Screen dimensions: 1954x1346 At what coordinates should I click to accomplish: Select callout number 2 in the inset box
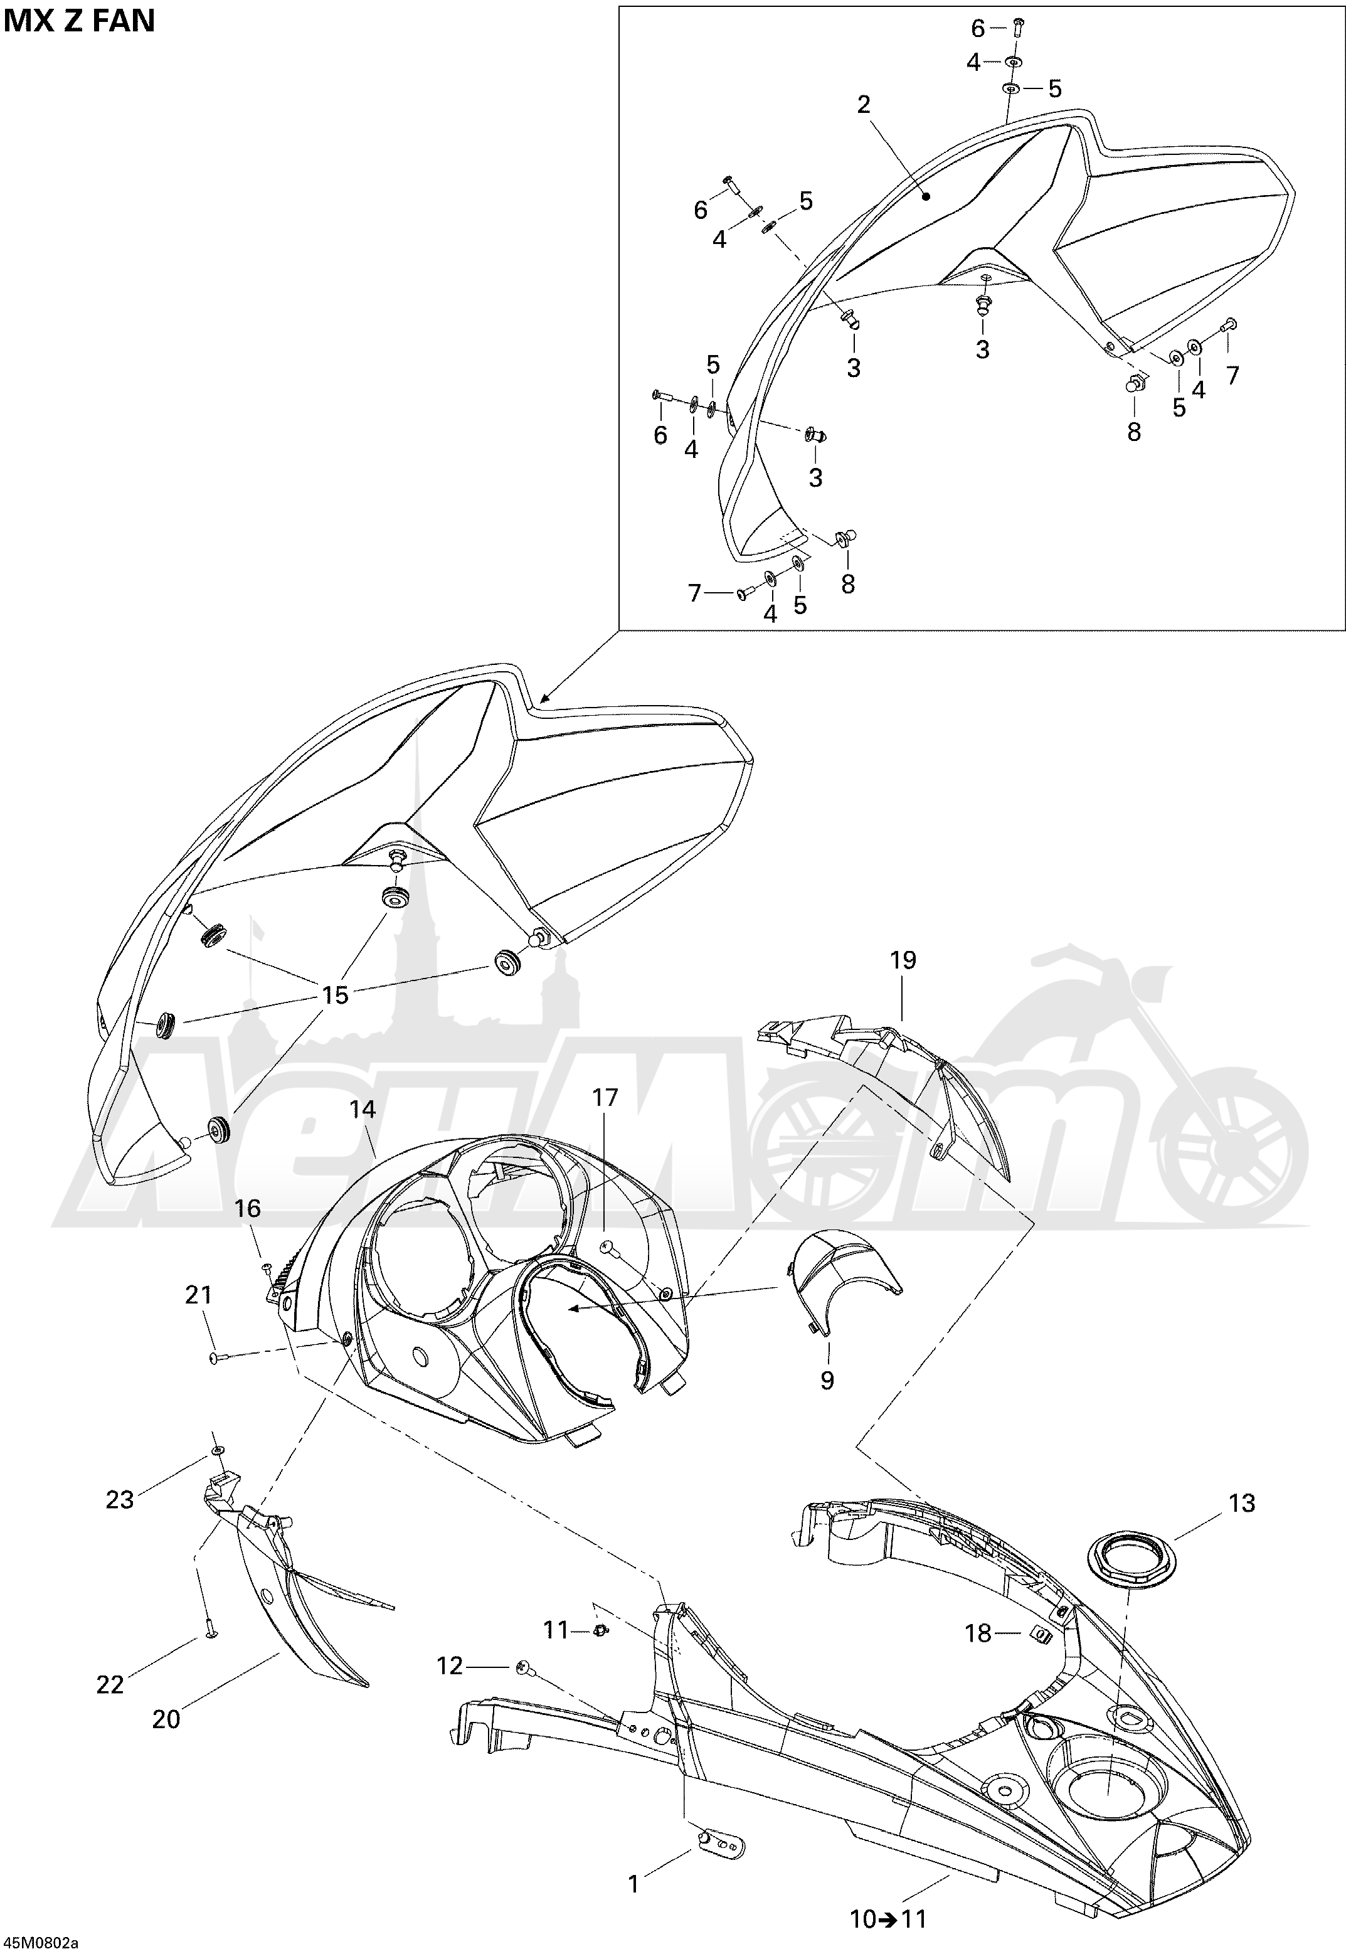click(x=864, y=105)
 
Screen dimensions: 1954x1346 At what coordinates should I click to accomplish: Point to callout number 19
click(x=903, y=960)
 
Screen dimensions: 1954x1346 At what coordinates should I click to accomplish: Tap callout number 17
click(x=605, y=1097)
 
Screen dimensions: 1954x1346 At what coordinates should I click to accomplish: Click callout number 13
click(x=1243, y=1504)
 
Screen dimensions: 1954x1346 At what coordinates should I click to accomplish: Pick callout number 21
click(x=198, y=1295)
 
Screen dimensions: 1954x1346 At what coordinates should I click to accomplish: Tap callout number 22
click(x=110, y=1685)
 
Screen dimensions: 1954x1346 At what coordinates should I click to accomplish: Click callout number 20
click(x=166, y=1719)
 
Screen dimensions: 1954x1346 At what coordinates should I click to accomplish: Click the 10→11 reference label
click(x=888, y=1919)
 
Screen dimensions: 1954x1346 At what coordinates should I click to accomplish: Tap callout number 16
click(x=248, y=1209)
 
